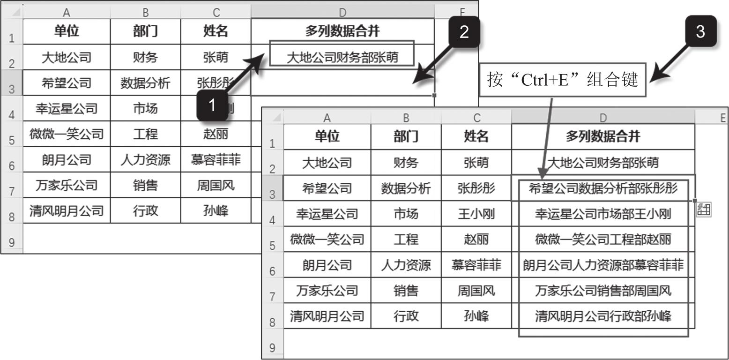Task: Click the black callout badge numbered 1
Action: [x=212, y=105]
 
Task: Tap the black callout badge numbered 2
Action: [x=463, y=32]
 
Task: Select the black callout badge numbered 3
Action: [x=700, y=31]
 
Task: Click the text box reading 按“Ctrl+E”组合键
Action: [x=562, y=80]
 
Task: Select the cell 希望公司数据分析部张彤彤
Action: [x=603, y=188]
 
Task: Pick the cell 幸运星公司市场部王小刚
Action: [x=603, y=214]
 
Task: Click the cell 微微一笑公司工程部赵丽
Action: [x=603, y=240]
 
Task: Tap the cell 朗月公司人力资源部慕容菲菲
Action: [x=603, y=265]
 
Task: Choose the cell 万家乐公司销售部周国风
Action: [x=603, y=291]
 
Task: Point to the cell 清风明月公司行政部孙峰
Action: [x=603, y=316]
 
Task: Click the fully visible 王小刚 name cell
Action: [x=476, y=214]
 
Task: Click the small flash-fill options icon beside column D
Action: [x=704, y=209]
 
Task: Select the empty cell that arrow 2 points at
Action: [x=342, y=82]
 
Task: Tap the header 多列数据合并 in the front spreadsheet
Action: [x=603, y=136]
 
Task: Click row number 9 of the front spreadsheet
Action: [x=272, y=348]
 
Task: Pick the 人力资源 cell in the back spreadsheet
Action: [x=145, y=160]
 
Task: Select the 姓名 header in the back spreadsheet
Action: [x=216, y=31]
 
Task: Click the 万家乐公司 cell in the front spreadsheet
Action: [x=327, y=291]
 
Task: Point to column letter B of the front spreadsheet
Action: [x=406, y=118]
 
